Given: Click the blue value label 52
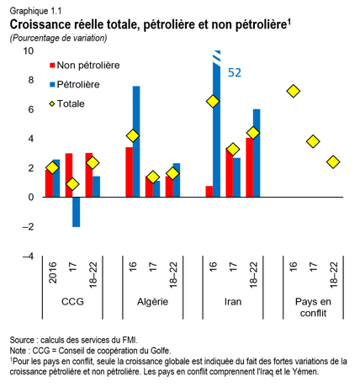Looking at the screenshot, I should [236, 73].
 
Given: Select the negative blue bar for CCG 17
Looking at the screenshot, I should [77, 212].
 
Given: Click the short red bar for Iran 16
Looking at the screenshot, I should [209, 192].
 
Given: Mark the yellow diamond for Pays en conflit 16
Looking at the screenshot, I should [293, 91].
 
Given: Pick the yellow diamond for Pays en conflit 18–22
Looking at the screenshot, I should [334, 162].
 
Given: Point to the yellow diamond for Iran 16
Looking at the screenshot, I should [213, 101].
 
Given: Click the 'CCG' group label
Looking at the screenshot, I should [72, 301].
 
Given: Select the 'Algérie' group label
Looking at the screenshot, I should [152, 301].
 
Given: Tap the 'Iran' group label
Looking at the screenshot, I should [233, 301].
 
